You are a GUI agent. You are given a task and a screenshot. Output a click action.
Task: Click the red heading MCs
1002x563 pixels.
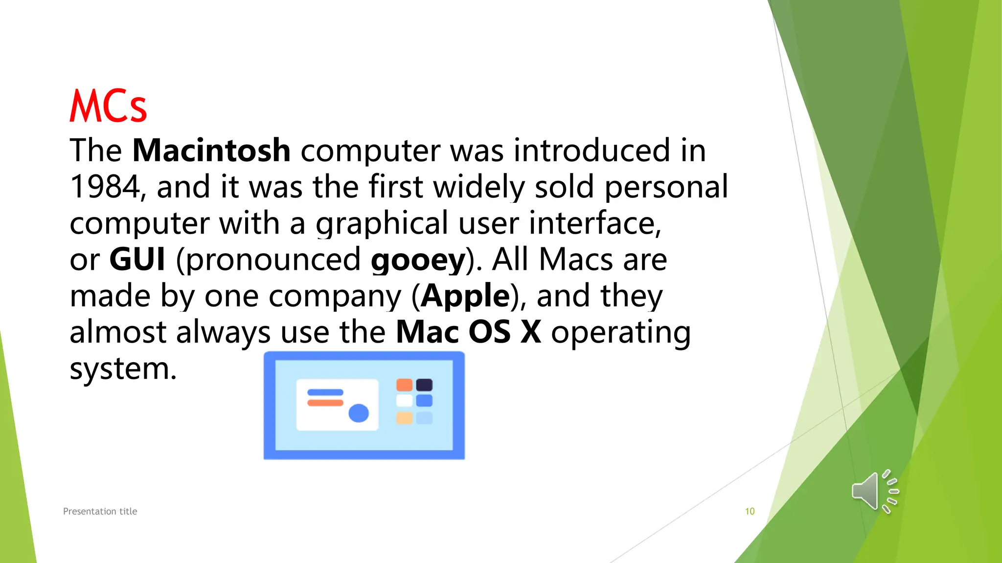coord(108,106)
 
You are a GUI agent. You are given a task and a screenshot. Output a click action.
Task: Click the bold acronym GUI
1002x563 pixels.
coord(137,259)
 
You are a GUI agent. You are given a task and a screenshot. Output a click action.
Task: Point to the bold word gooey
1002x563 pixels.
coord(418,260)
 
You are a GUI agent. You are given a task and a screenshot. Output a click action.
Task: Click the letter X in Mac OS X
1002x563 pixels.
coord(531,332)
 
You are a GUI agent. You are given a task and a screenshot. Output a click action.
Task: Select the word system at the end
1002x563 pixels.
coord(123,369)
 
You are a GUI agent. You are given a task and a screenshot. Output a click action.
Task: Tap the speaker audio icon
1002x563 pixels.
coord(875,492)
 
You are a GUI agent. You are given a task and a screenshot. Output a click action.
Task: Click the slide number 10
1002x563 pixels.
coord(750,511)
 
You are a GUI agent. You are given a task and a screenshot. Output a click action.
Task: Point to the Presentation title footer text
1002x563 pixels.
coord(100,511)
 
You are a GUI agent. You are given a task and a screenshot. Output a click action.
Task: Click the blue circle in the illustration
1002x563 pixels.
coord(359,413)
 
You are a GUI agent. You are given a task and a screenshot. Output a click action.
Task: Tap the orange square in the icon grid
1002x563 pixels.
coord(404,385)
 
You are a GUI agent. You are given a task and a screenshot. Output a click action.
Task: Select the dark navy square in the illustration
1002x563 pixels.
coord(424,385)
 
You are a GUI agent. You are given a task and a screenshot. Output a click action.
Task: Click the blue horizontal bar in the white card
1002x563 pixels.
coord(325,392)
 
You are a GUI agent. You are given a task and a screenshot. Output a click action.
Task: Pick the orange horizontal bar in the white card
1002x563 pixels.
coord(325,403)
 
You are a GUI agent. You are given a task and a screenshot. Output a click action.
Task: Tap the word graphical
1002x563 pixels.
coord(382,223)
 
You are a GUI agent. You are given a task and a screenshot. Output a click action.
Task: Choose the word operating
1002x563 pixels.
coord(621,333)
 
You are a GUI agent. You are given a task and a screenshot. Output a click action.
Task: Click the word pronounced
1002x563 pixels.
coord(273,260)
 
